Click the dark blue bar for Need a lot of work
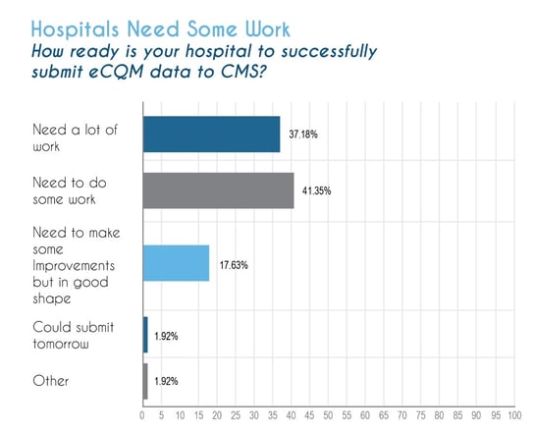point(211,135)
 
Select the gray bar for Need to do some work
point(218,190)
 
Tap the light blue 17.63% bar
point(176,263)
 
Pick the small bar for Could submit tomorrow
point(145,335)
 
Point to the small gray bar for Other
point(145,381)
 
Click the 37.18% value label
point(303,135)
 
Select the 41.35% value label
point(317,190)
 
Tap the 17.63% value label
point(234,265)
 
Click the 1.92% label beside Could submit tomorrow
point(166,336)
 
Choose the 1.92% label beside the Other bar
point(166,381)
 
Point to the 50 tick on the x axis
point(328,415)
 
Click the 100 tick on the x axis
point(514,415)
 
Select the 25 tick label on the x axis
point(236,415)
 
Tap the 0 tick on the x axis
point(142,415)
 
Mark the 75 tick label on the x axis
point(421,415)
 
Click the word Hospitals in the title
point(75,29)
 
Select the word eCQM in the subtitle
point(116,72)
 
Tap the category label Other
point(50,381)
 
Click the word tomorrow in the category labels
point(61,344)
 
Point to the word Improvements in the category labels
point(74,266)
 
